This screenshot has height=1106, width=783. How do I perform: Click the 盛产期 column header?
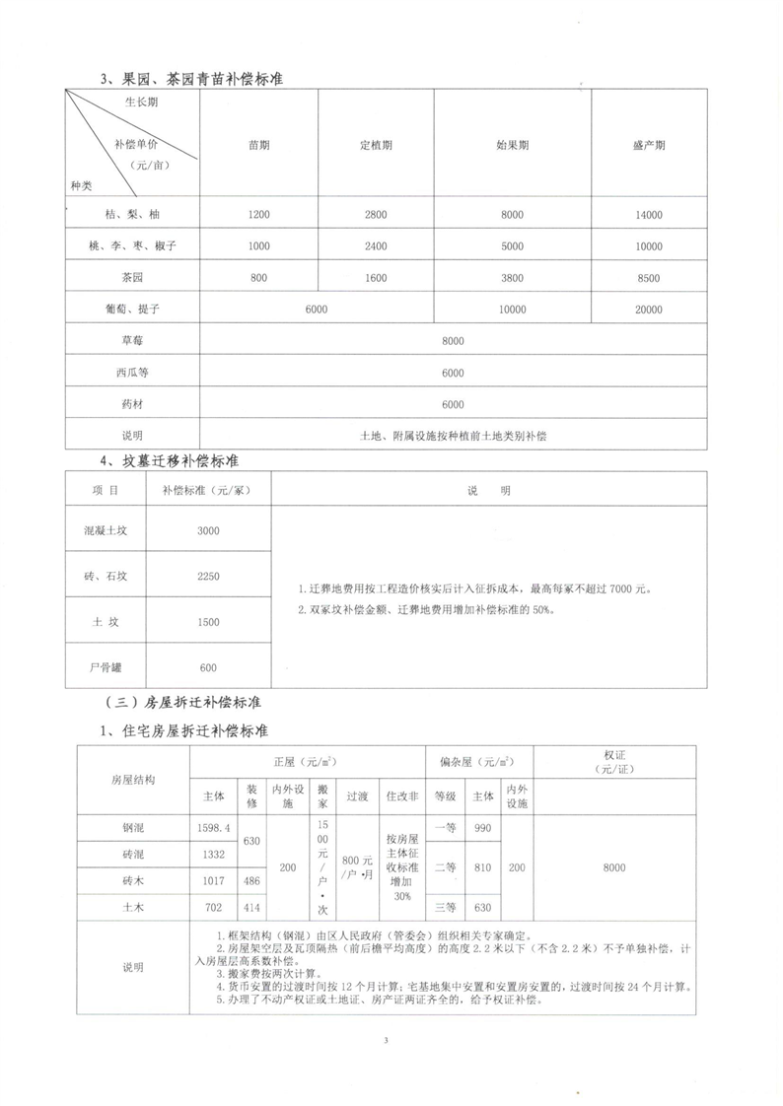pyautogui.click(x=648, y=145)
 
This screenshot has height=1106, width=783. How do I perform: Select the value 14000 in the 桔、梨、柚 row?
pyautogui.click(x=648, y=215)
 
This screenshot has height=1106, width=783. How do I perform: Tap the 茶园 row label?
pyautogui.click(x=131, y=278)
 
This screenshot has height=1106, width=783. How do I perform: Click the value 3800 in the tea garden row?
pyautogui.click(x=512, y=278)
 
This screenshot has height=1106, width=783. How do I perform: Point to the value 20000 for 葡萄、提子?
pyautogui.click(x=648, y=310)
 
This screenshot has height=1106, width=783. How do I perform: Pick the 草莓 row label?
pyautogui.click(x=131, y=341)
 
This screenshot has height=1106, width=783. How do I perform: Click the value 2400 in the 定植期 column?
pyautogui.click(x=376, y=246)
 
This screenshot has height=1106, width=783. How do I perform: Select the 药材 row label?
pyautogui.click(x=131, y=404)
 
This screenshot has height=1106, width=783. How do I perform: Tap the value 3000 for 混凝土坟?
pyautogui.click(x=208, y=530)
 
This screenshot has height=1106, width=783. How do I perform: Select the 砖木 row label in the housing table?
pyautogui.click(x=132, y=880)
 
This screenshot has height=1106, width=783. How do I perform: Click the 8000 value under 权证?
pyautogui.click(x=614, y=867)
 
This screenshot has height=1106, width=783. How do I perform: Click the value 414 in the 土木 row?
pyautogui.click(x=251, y=906)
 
